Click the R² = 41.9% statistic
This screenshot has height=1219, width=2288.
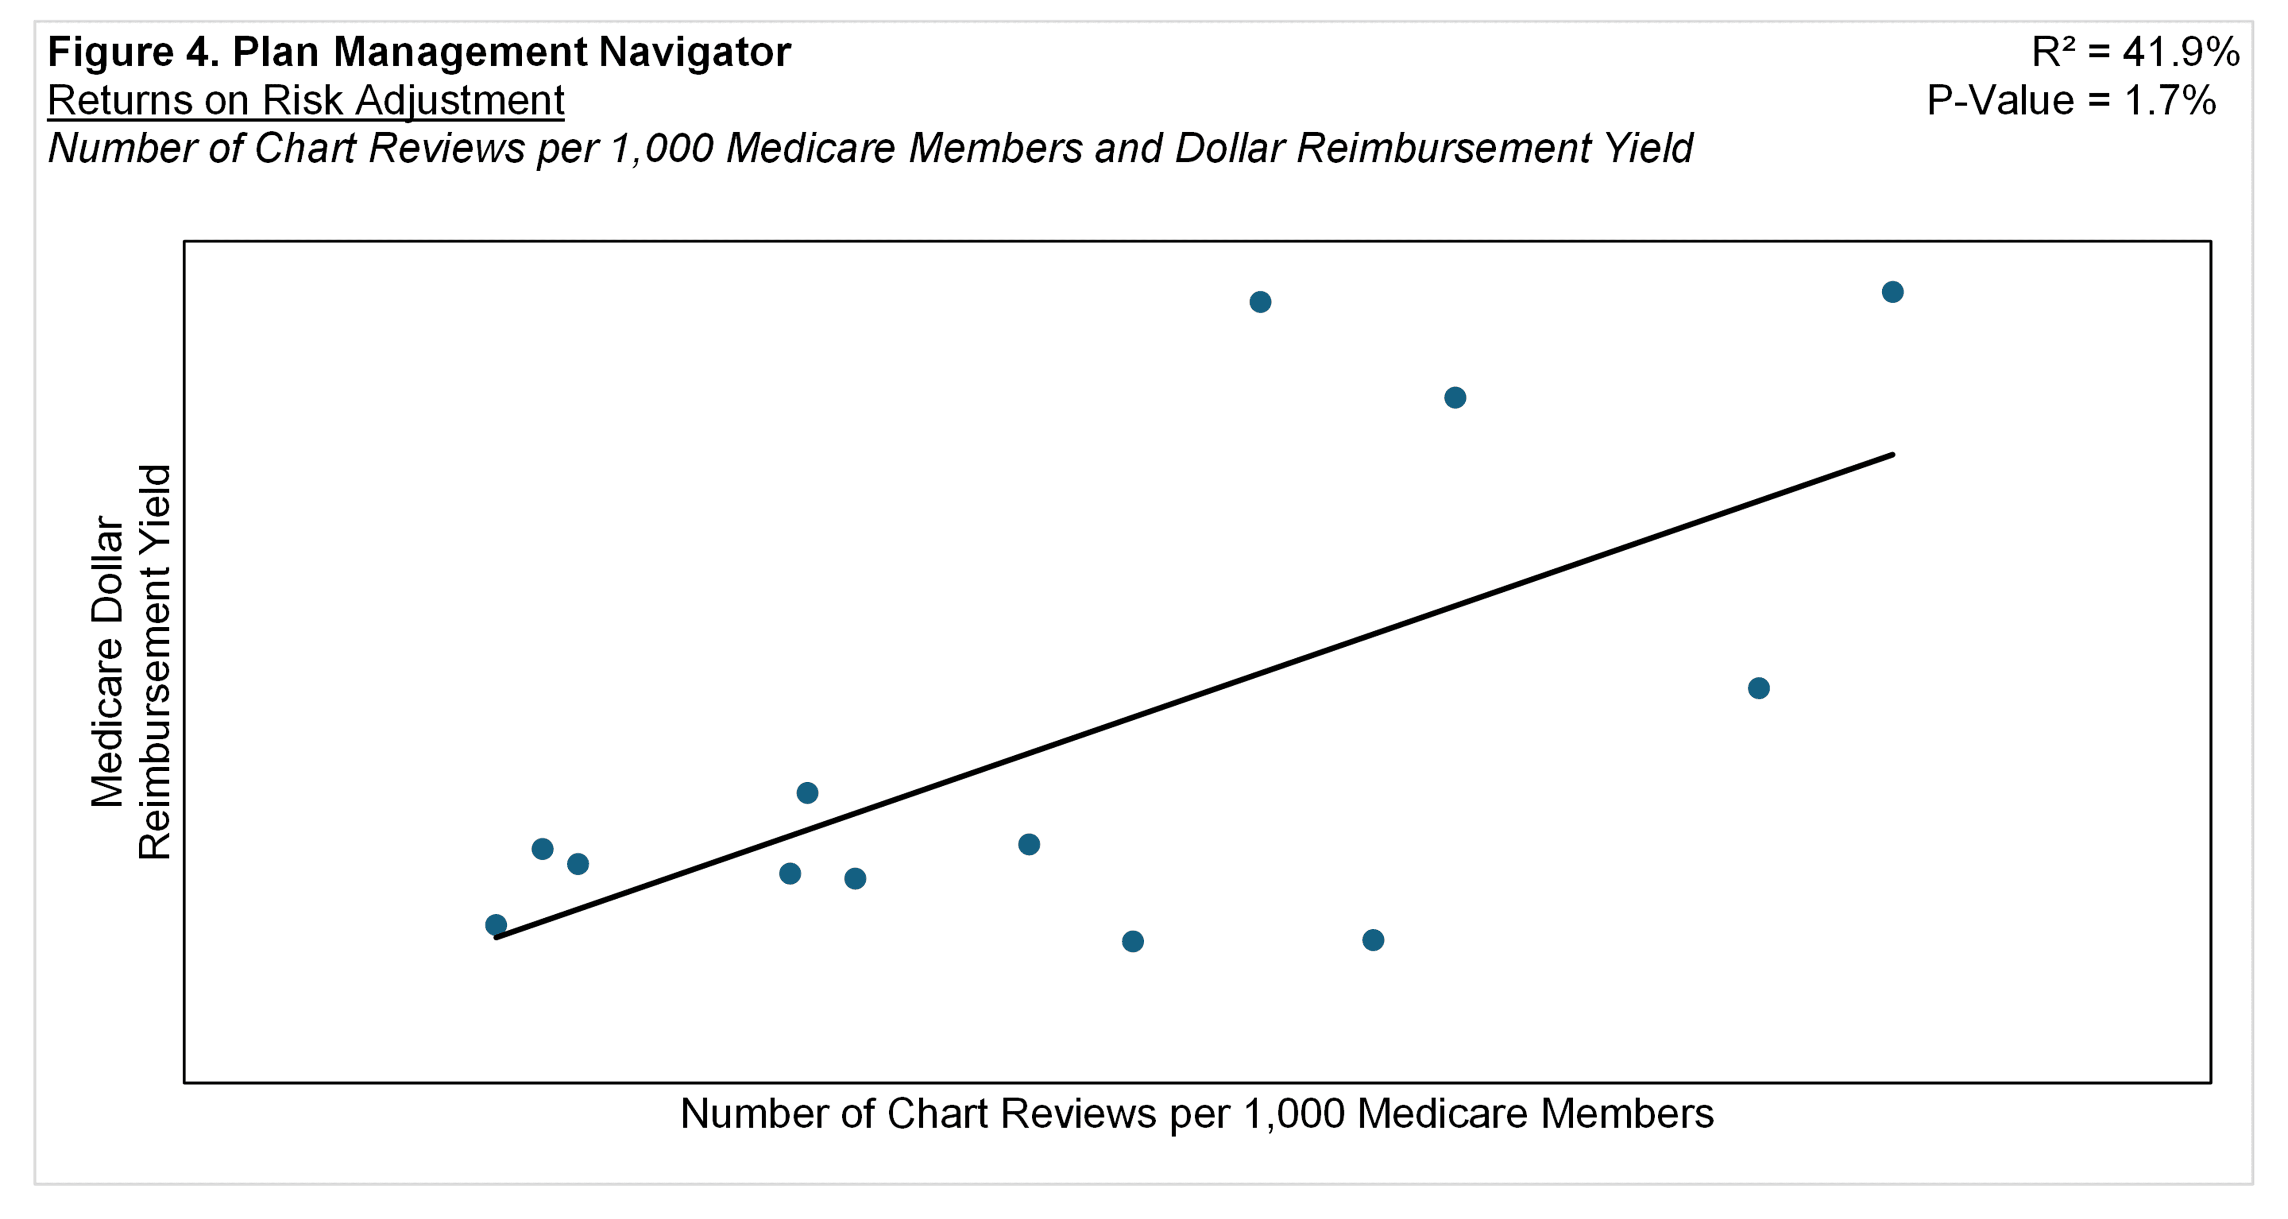point(2135,52)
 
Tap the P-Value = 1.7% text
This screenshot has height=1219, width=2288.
point(2070,100)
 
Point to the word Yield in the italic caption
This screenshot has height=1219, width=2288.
point(1648,149)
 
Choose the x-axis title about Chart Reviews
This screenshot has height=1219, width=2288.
point(1197,1113)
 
